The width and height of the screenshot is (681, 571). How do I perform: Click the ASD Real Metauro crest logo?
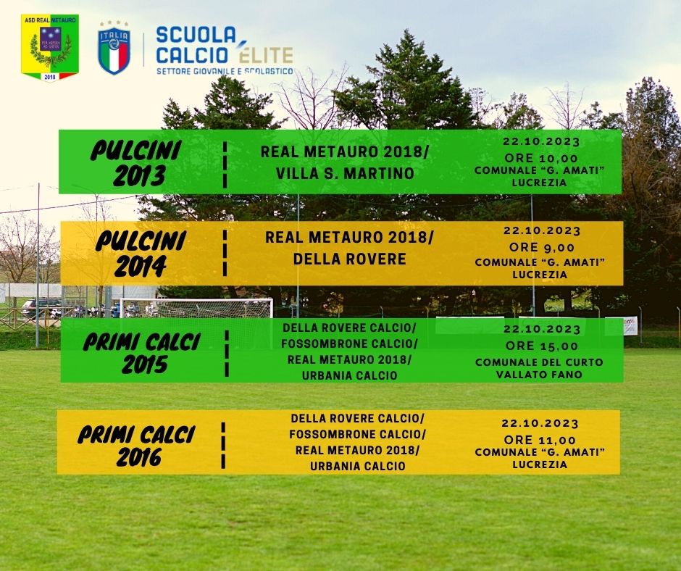click(50, 48)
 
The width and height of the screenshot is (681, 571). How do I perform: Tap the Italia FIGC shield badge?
click(114, 48)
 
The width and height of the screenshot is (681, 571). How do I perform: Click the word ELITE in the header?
click(265, 54)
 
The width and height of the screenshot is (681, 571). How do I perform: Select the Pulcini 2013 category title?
click(135, 162)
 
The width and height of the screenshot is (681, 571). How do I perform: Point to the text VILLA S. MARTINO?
click(345, 173)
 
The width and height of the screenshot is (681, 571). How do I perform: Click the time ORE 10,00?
click(540, 158)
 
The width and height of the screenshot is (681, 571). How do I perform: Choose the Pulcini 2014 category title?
click(141, 253)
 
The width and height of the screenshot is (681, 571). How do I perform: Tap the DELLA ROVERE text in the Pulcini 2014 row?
click(350, 259)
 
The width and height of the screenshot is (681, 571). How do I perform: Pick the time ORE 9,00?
click(542, 247)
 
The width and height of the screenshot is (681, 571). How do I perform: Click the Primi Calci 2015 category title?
click(141, 353)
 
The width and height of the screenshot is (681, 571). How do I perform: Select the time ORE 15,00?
click(542, 346)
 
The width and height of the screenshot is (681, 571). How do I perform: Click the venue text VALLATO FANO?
click(539, 374)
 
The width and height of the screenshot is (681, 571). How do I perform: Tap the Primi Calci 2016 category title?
click(137, 446)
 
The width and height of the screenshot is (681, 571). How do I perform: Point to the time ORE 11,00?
click(540, 440)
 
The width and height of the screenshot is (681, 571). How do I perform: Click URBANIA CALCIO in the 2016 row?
click(357, 466)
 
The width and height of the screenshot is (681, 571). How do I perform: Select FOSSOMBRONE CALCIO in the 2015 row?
click(349, 343)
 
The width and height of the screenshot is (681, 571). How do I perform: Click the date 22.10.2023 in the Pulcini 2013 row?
click(541, 142)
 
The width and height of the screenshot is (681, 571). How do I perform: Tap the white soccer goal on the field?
click(196, 308)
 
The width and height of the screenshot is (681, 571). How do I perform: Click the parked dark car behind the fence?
click(42, 308)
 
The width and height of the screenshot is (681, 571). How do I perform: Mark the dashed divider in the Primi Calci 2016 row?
click(223, 446)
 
